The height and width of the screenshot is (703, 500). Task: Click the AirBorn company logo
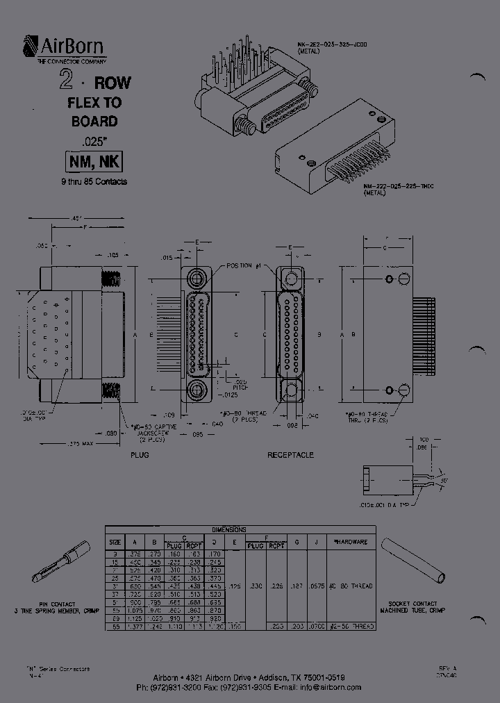[65, 49]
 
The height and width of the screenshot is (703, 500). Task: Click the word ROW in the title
[112, 83]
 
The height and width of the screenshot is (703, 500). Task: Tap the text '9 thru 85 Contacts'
[94, 182]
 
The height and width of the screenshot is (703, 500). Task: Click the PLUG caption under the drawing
[140, 455]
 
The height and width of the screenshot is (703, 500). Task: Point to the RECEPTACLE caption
[290, 455]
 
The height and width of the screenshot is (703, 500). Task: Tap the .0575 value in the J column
[316, 586]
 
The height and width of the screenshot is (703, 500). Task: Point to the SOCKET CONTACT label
[413, 604]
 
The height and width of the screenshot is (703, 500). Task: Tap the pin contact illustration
[62, 561]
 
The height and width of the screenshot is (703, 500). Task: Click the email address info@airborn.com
[331, 687]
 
